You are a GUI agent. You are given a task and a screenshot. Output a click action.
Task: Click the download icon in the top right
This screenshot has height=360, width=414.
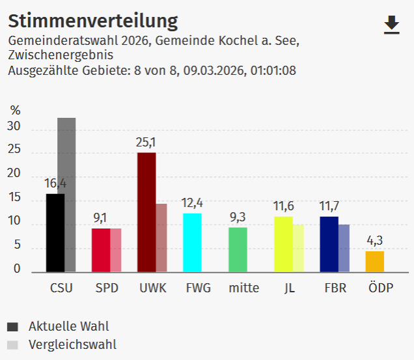[x=391, y=25]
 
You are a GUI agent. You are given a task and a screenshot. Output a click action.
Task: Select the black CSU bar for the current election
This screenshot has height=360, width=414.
[x=55, y=232]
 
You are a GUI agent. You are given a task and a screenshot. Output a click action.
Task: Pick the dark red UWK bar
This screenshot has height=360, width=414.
[x=146, y=212]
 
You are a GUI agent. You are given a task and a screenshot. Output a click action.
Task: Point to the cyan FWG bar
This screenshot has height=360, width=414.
[x=192, y=242]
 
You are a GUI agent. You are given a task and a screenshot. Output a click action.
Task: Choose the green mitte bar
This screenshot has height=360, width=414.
[x=238, y=249]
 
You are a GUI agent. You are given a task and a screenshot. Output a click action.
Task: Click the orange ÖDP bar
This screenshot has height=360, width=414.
[x=374, y=261]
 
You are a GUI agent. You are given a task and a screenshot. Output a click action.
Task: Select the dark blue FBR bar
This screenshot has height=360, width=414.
[x=329, y=244]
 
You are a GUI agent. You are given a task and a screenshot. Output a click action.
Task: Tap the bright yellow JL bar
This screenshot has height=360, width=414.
[x=283, y=244]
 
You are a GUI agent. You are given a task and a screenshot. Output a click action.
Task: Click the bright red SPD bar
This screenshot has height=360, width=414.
[x=101, y=250]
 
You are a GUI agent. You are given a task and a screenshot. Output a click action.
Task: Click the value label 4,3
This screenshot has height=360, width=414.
[x=374, y=241]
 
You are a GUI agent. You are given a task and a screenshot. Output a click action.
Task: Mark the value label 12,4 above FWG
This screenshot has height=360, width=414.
[x=192, y=203]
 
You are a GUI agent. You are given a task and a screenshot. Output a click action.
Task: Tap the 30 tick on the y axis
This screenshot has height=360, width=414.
[x=14, y=128]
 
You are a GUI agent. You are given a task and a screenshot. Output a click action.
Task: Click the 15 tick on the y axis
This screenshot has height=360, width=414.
[x=14, y=199]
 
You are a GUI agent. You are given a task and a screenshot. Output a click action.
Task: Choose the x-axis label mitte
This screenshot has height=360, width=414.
[x=244, y=288]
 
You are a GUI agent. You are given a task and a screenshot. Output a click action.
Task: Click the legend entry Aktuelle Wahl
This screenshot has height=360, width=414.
[x=68, y=326]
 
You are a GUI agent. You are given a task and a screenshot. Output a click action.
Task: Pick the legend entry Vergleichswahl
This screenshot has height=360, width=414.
[x=72, y=345]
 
